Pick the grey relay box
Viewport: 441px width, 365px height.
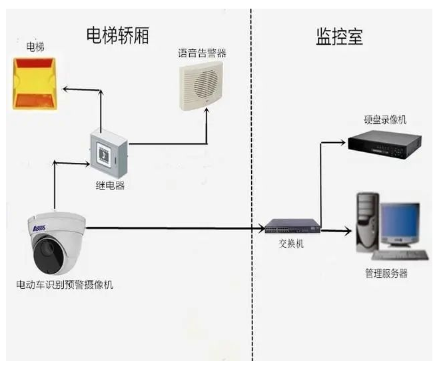pyautogui.click(x=108, y=153)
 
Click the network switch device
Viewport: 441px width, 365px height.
pyautogui.click(x=290, y=227)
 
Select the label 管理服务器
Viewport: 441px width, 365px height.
pyautogui.click(x=386, y=274)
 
